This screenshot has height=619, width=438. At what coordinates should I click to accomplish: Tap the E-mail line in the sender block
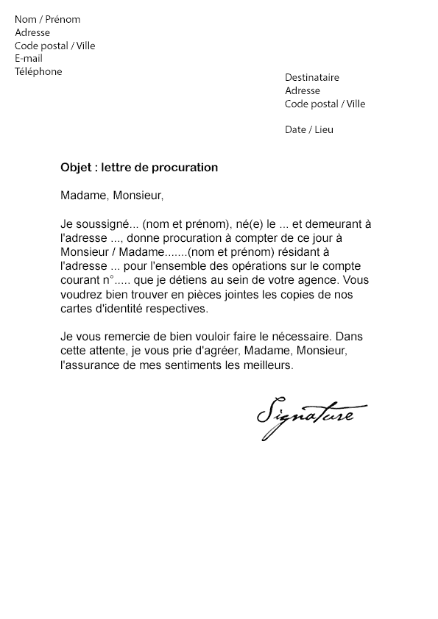pos(29,59)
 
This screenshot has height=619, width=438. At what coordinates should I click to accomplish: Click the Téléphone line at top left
pos(38,71)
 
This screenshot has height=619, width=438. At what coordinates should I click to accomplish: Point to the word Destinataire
pos(312,78)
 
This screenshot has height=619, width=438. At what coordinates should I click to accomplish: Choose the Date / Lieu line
pos(309,129)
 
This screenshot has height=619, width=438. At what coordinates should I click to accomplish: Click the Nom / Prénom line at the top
pos(47,19)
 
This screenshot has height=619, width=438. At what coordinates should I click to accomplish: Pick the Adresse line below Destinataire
pos(303,90)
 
